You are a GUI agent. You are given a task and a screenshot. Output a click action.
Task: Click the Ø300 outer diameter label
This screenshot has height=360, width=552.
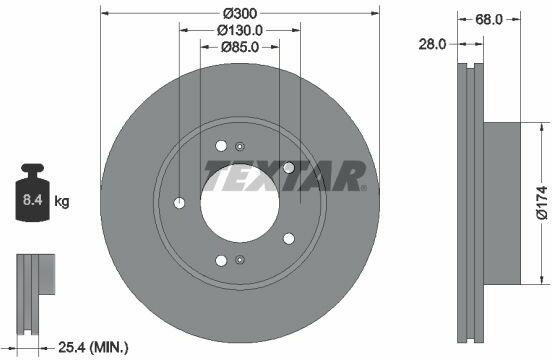[240, 13]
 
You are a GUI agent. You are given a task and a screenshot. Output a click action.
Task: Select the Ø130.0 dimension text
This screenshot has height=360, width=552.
[240, 30]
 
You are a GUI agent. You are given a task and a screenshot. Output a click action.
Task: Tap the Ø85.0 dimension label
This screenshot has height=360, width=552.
[240, 47]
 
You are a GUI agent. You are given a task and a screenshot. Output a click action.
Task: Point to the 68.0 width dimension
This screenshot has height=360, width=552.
[489, 19]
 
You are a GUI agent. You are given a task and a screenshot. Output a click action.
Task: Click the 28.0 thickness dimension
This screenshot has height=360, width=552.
[432, 44]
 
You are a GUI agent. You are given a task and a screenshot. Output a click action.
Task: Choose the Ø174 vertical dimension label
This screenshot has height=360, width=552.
[542, 203]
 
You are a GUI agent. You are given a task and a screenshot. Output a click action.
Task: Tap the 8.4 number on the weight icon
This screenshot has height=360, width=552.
[32, 200]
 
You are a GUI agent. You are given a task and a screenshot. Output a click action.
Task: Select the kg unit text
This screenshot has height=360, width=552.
[62, 202]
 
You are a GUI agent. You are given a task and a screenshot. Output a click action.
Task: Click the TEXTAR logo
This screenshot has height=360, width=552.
[286, 176]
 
